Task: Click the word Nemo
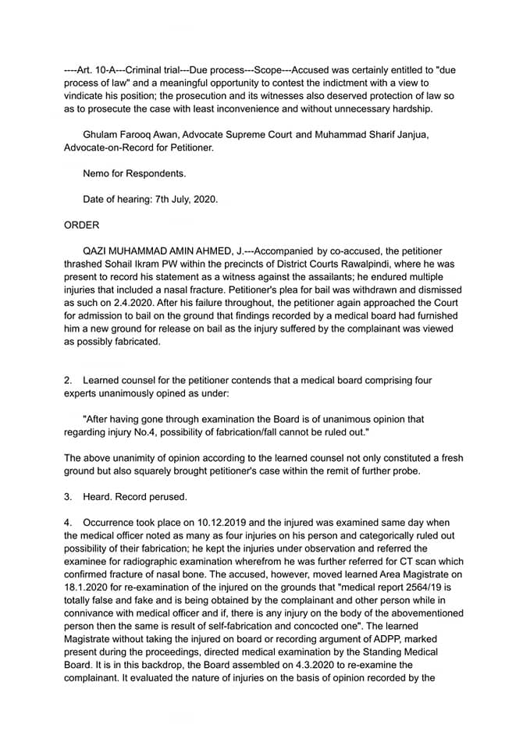pos(97,173)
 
